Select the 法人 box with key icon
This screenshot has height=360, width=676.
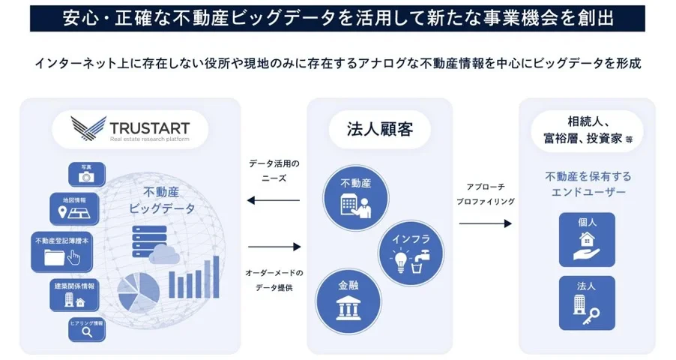587,302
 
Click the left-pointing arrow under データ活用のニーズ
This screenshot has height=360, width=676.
273,200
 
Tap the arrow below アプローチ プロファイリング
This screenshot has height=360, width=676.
485,223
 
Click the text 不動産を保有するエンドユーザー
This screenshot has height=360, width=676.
588,184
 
